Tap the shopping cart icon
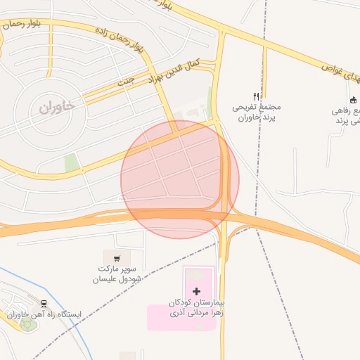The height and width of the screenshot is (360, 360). pyautogui.click(x=117, y=257)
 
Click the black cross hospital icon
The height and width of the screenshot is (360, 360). pyautogui.click(x=195, y=291)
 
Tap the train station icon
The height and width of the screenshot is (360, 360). pyautogui.click(x=45, y=304)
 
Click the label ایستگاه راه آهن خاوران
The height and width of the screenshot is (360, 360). pyautogui.click(x=45, y=314)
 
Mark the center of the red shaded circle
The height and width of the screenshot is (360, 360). pyautogui.click(x=180, y=179)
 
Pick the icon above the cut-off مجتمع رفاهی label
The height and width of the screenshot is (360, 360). pyautogui.click(x=353, y=101)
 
